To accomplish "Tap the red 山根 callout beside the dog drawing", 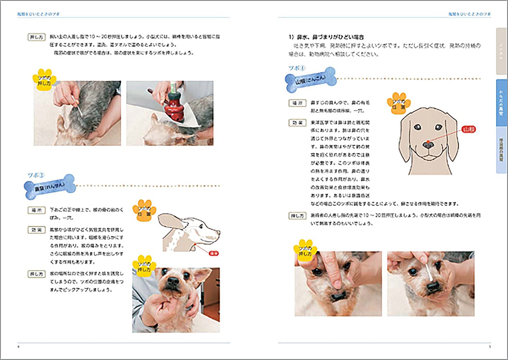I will (x=468, y=129).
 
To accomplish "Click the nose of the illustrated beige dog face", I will (x=428, y=145).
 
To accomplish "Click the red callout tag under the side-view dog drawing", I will (x=214, y=253).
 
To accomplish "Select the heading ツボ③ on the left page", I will (x=36, y=175).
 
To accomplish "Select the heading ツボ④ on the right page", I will (x=297, y=68).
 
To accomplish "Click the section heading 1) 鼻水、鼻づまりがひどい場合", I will (x=326, y=37).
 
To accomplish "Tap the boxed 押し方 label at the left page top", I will (x=36, y=37).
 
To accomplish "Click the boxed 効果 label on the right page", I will (x=297, y=123).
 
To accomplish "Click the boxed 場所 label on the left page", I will (x=36, y=210).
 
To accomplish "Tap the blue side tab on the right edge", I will (x=501, y=103).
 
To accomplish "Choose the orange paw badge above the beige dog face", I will (x=398, y=103).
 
